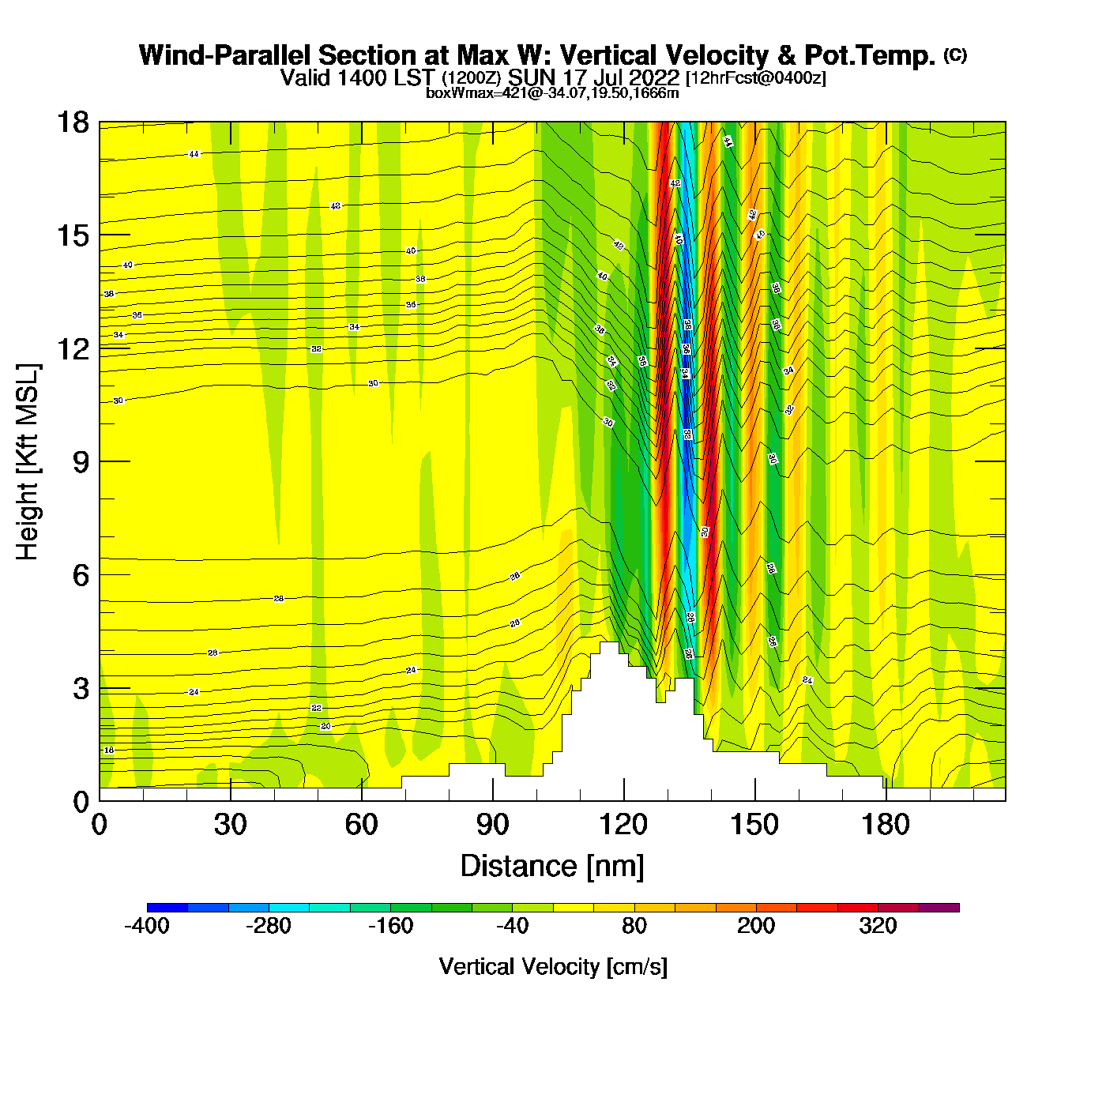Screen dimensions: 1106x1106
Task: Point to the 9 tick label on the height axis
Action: click(81, 462)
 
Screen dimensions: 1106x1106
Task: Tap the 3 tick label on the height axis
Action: click(81, 689)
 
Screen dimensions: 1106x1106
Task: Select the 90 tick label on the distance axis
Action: click(492, 826)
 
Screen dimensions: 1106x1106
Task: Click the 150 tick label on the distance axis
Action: click(754, 826)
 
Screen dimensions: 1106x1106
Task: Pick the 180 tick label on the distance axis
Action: click(886, 826)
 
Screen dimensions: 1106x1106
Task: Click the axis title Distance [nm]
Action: click(552, 867)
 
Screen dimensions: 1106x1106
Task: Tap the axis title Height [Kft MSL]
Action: click(28, 462)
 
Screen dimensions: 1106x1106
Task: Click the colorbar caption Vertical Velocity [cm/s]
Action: click(553, 966)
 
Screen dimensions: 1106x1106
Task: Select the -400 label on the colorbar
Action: click(147, 926)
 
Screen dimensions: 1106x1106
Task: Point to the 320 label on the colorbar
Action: click(878, 926)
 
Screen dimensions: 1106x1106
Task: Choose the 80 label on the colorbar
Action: click(634, 926)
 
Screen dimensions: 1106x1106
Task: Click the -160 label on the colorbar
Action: click(390, 926)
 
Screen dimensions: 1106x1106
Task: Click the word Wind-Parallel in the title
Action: click(225, 55)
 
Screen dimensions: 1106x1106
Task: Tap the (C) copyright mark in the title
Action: click(955, 55)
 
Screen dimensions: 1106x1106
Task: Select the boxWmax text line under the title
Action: click(552, 93)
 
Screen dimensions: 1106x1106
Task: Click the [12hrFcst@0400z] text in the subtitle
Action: click(755, 78)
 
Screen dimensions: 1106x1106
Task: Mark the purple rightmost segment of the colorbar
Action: click(939, 908)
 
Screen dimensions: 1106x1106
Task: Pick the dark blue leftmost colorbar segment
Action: click(167, 908)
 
